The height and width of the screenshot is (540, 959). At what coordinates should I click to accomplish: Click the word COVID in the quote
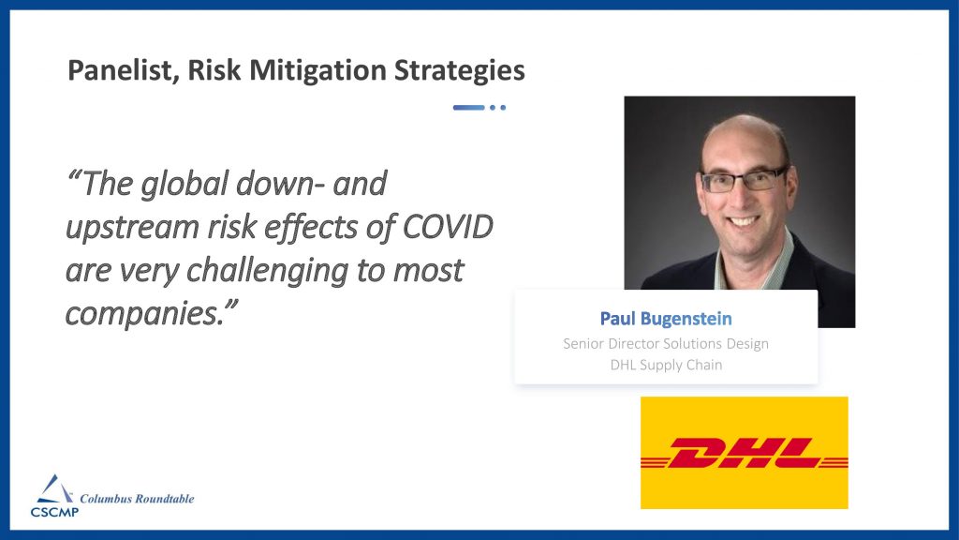point(448,227)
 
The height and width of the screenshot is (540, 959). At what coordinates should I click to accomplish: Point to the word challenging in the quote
point(267,271)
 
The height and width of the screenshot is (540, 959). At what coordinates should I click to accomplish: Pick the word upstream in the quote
point(132,228)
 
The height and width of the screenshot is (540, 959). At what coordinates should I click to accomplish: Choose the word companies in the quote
point(144,314)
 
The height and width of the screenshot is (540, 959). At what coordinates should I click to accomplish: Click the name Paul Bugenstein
point(666,319)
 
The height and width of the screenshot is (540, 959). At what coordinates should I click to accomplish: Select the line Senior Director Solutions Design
point(666,343)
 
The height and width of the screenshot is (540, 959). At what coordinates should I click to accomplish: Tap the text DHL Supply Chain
point(666,365)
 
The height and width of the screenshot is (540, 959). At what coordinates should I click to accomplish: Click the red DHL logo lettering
point(744,453)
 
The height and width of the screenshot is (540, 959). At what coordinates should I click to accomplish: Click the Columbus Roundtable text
point(137,499)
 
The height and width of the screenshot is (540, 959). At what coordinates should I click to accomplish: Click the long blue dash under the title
point(468,108)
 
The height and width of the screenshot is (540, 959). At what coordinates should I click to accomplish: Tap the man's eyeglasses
point(743,180)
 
